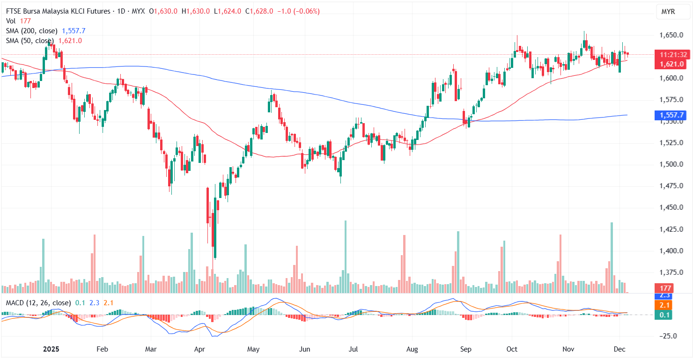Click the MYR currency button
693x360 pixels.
668,12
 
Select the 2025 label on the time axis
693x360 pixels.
52,349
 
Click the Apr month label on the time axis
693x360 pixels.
200,349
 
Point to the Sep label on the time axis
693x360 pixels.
466,349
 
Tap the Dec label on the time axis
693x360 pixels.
620,349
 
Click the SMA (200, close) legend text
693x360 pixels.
32,31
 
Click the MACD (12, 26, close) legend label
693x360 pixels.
38,303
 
